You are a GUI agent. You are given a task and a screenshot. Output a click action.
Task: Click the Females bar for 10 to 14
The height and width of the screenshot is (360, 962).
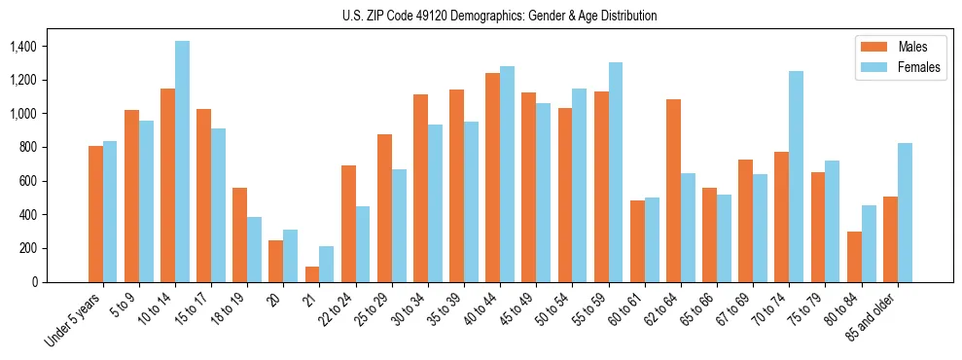(182, 162)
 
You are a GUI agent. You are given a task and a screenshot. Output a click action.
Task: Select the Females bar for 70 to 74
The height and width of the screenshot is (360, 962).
(797, 176)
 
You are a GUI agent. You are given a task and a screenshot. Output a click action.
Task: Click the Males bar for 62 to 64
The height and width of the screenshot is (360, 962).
(673, 191)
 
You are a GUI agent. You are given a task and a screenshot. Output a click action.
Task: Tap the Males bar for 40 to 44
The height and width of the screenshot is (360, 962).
(492, 178)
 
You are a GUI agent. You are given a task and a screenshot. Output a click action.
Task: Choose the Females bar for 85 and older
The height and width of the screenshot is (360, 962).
(905, 212)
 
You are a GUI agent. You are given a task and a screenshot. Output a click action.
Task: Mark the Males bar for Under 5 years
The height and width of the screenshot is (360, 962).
(95, 214)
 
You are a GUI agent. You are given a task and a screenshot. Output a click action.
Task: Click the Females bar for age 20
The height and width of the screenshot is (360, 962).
(290, 256)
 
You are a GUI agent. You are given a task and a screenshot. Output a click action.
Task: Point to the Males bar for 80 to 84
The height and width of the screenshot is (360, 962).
(854, 257)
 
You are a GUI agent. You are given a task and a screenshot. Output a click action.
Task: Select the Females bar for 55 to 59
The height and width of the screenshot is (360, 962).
(616, 172)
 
